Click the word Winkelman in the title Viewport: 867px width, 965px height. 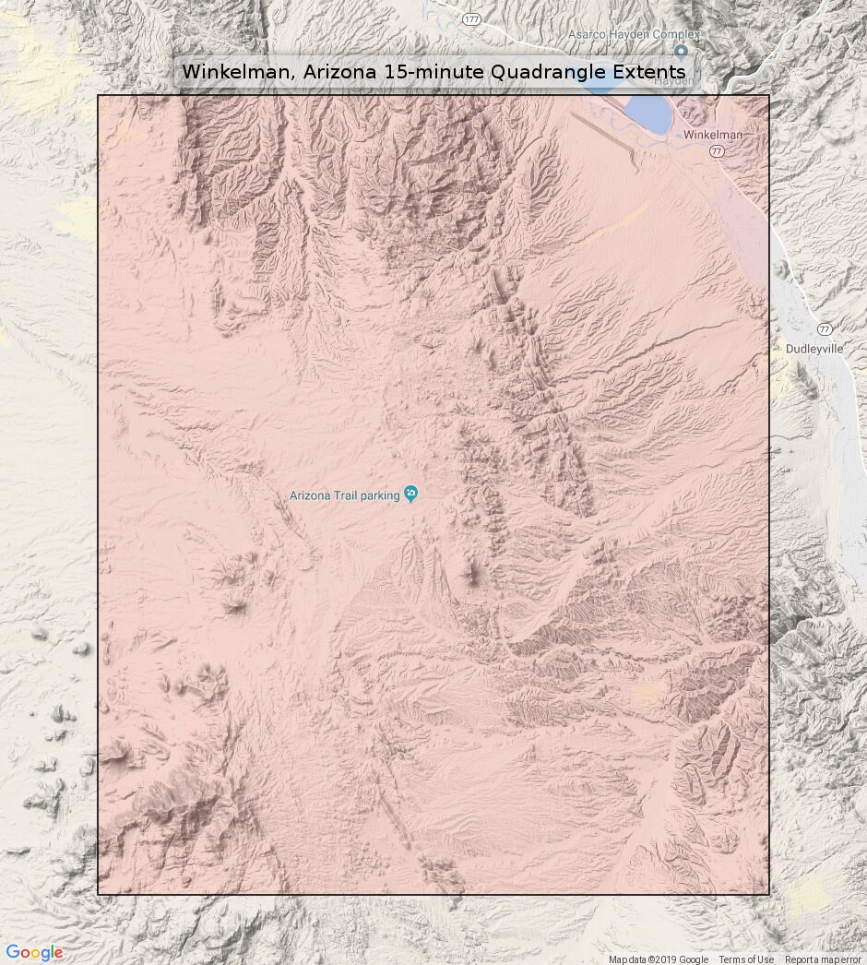tap(233, 72)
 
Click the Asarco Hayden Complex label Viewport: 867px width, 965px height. tap(634, 34)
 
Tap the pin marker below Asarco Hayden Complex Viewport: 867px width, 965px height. tap(681, 52)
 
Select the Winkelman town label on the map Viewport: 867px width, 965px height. tap(713, 135)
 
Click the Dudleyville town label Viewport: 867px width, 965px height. tap(814, 349)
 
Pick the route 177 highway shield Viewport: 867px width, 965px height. tap(473, 18)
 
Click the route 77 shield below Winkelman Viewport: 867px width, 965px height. tap(717, 150)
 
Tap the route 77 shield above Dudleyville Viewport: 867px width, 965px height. tap(825, 328)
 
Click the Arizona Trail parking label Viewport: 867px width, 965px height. tap(344, 495)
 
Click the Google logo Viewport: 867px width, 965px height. tap(34, 953)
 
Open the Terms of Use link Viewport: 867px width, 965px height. tap(746, 959)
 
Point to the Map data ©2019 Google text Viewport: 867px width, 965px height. tap(658, 959)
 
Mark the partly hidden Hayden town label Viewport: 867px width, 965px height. tap(673, 81)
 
